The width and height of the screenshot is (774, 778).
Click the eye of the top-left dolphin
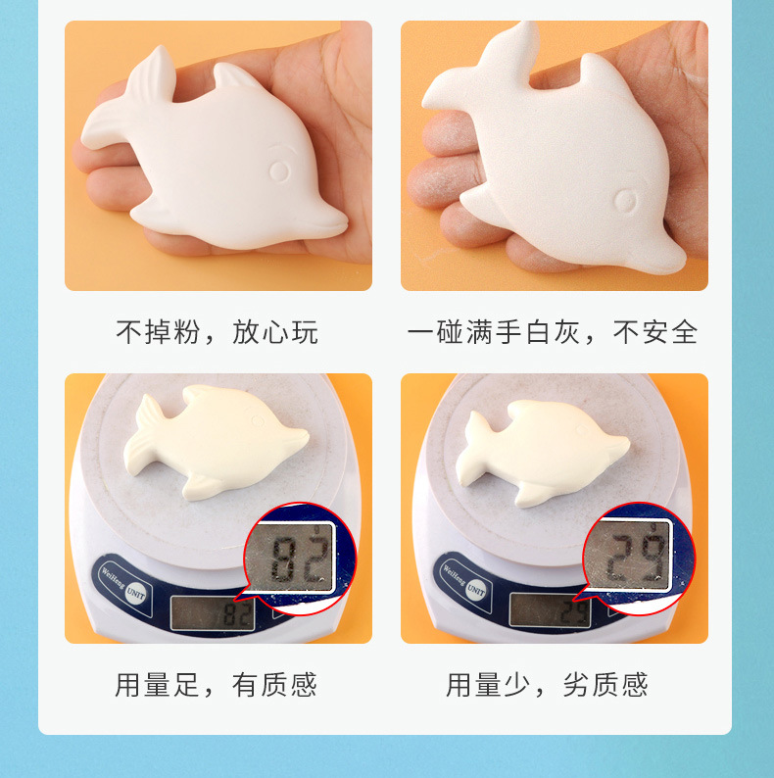point(281,170)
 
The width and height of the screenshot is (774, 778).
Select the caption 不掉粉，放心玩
point(218,332)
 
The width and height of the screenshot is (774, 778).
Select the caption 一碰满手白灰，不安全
point(554,332)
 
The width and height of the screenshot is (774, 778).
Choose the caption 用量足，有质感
point(218,684)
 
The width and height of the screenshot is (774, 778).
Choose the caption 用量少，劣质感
point(548,684)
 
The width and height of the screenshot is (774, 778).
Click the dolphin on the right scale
point(544,451)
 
